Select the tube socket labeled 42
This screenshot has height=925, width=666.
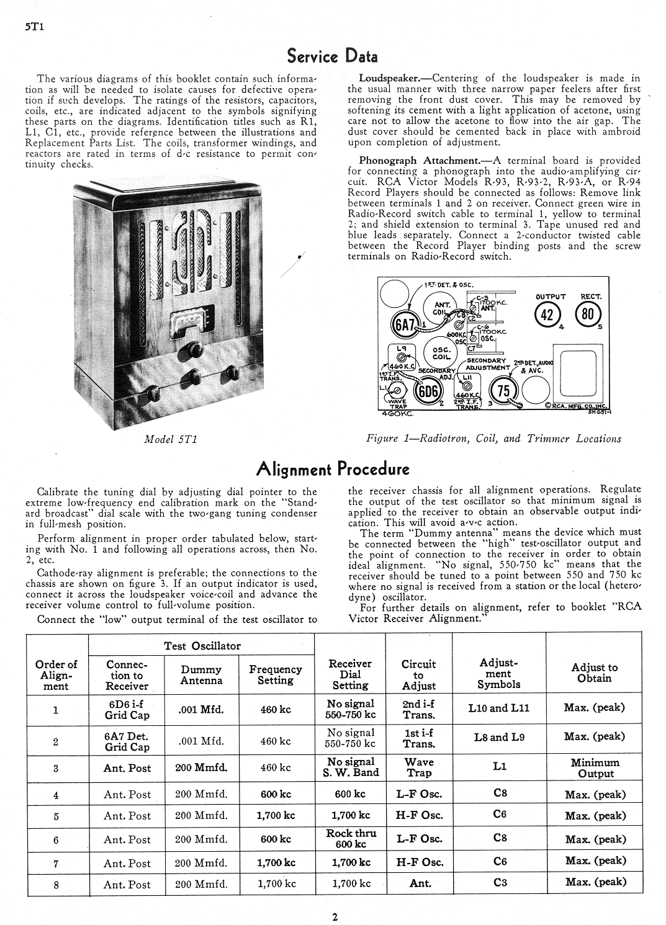tap(547, 315)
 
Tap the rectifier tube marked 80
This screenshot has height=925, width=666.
tap(587, 314)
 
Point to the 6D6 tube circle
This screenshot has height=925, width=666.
tap(426, 391)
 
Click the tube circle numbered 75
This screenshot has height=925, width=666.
tap(503, 391)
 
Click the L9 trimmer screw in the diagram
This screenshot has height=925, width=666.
tap(402, 358)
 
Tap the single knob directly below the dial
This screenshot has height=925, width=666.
tap(184, 351)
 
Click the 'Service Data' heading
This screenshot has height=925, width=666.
tap(332, 56)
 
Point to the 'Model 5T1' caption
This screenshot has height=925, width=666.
tap(171, 439)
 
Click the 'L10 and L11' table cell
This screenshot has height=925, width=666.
tap(498, 708)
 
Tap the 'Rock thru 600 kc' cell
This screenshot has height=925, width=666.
tap(351, 839)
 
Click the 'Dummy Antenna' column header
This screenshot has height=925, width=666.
tap(201, 675)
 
